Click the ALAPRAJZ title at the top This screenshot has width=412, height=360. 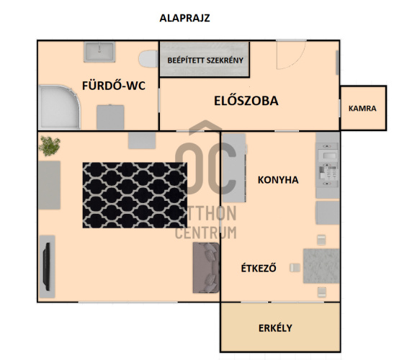point(184,18)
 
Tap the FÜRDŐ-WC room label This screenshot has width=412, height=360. point(114,86)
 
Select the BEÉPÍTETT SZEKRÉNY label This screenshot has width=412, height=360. point(205,60)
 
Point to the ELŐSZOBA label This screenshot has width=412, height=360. point(246,101)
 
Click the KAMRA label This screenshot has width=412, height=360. point(362,109)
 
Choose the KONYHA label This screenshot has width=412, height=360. point(278,180)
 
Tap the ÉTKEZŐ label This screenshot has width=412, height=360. point(259,268)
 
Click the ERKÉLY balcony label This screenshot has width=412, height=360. point(275,328)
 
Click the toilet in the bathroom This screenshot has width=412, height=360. point(148,59)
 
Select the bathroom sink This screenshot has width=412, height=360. point(99,52)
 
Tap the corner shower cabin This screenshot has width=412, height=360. point(59,107)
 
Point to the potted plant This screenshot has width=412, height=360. point(50,145)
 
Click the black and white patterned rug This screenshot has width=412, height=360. point(135,195)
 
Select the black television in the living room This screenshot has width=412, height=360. point(47,266)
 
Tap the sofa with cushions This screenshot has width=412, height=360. point(206,268)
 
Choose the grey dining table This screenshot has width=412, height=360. point(321,266)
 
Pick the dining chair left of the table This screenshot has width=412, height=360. point(295,268)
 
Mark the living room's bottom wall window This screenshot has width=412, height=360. point(128,302)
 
